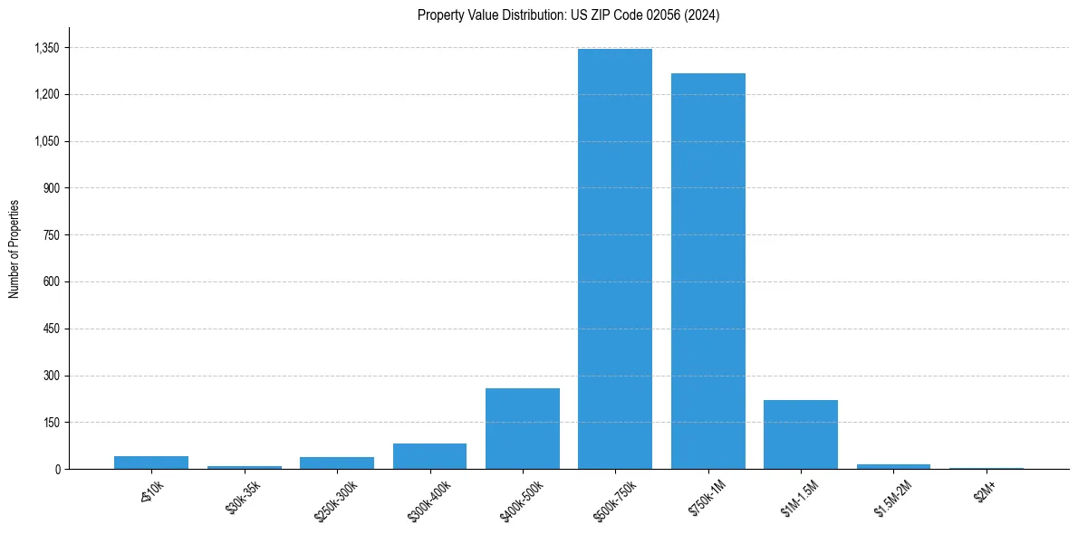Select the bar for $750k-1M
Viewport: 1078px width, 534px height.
[707, 272]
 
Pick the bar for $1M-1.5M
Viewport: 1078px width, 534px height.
[800, 434]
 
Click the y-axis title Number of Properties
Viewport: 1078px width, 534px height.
[14, 248]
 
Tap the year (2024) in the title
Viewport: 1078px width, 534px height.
[702, 15]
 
